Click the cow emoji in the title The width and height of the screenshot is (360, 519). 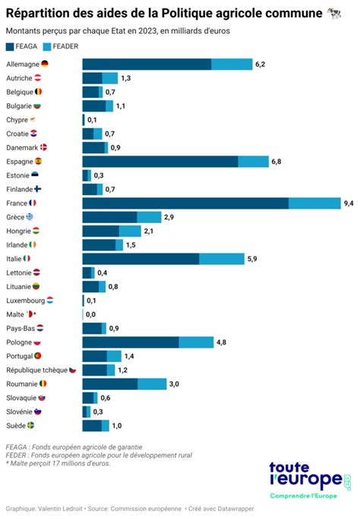(334, 13)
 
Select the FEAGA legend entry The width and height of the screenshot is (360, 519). (27, 47)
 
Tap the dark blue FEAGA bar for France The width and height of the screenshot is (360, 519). (185, 203)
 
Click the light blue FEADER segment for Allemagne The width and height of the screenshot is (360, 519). (232, 64)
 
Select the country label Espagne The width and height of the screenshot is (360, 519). (20, 162)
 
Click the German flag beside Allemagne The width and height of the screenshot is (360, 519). (45, 64)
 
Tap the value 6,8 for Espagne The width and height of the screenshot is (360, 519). (276, 162)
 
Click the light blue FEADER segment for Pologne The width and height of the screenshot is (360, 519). (196, 342)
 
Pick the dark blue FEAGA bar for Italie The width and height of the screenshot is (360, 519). (141, 259)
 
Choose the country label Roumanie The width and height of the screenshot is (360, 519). (22, 384)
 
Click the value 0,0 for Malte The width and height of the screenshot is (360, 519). (90, 314)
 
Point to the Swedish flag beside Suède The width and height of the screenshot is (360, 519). (31, 426)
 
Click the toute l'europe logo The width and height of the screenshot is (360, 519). (310, 480)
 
